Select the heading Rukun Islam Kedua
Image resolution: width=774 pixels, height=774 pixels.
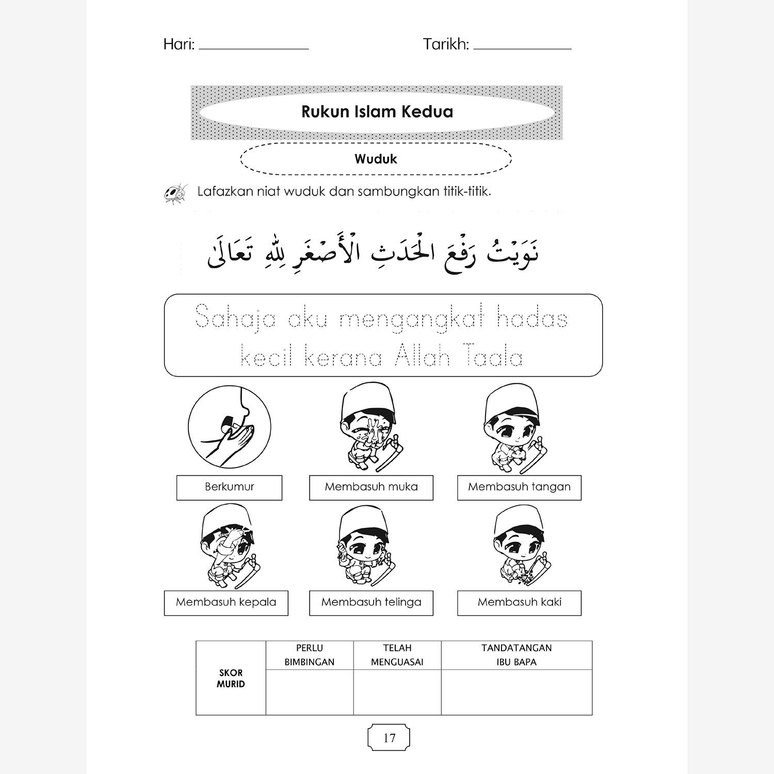377,112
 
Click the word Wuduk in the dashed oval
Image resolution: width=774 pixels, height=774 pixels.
376,159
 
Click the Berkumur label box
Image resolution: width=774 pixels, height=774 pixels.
229,487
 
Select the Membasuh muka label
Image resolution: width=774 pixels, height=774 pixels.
371,487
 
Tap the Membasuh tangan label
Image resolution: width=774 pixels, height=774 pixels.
519,487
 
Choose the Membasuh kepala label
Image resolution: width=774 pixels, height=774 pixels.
226,603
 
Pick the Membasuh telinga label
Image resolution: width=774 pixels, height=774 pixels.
371,603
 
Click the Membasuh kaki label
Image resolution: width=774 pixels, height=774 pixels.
519,603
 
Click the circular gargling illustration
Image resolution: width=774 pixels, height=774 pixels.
229,427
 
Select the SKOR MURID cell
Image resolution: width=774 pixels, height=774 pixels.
231,678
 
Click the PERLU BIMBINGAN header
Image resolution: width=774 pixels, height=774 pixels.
310,655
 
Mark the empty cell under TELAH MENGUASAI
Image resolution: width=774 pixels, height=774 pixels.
397,692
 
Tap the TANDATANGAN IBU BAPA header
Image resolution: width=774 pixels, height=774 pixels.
517,655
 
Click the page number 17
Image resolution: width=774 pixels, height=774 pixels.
389,738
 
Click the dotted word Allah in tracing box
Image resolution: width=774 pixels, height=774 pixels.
423,357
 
